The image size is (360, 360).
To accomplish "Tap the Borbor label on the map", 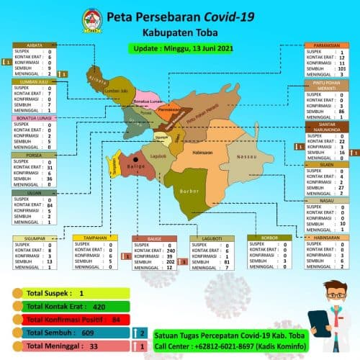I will coord(189,192).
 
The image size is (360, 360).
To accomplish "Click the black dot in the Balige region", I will coord(135,160).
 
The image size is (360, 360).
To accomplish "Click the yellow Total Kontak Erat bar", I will coord(72,306).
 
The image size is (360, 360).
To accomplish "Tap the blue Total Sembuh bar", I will coord(68,333).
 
